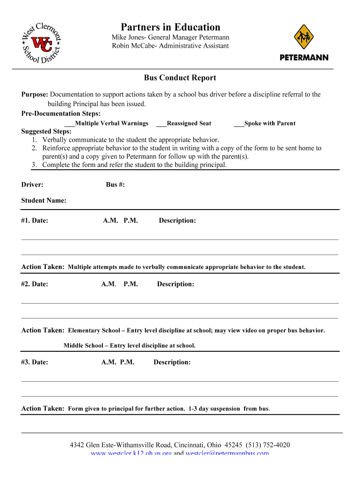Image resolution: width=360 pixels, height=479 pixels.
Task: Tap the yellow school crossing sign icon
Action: (x=303, y=38)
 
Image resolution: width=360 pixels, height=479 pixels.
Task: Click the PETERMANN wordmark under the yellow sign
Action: (x=304, y=58)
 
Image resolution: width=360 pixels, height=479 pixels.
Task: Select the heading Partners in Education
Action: (x=170, y=27)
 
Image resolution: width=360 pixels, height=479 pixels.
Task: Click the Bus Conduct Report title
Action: (x=180, y=78)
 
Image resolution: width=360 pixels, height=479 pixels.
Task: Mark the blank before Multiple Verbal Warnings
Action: (x=69, y=124)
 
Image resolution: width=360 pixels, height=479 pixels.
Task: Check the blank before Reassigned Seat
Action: (x=161, y=124)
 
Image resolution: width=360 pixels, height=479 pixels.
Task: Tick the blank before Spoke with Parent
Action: (x=238, y=124)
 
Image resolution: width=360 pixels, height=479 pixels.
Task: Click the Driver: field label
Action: (x=32, y=185)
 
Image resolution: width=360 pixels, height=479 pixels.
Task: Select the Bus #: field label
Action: (x=115, y=185)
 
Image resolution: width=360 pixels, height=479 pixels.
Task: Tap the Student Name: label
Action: (x=43, y=201)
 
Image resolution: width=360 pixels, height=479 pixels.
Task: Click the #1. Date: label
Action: (x=35, y=221)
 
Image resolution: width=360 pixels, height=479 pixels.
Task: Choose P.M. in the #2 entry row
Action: (x=130, y=284)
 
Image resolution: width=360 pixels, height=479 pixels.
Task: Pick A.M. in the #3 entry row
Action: (x=109, y=362)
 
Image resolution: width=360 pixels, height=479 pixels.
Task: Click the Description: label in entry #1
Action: (x=177, y=221)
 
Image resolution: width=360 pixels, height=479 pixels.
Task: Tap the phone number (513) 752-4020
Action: (x=265, y=445)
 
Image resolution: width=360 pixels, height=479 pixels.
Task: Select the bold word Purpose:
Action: (x=35, y=94)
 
